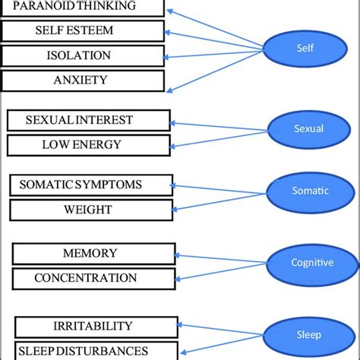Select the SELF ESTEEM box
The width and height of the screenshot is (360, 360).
click(x=82, y=31)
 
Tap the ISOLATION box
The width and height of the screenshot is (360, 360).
click(x=82, y=55)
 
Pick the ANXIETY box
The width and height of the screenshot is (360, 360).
click(x=82, y=80)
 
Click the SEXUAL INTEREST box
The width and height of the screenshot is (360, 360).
click(x=88, y=120)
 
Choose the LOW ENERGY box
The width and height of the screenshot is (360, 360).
click(x=88, y=144)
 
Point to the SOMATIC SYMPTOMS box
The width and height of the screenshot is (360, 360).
click(x=91, y=185)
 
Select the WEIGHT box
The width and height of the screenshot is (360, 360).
click(x=91, y=210)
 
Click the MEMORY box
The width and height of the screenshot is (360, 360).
click(x=94, y=253)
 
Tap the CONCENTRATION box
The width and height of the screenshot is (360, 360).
click(x=94, y=278)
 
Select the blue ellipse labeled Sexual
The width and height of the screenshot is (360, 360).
click(x=308, y=128)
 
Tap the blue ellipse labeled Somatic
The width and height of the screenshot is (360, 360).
click(x=310, y=191)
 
